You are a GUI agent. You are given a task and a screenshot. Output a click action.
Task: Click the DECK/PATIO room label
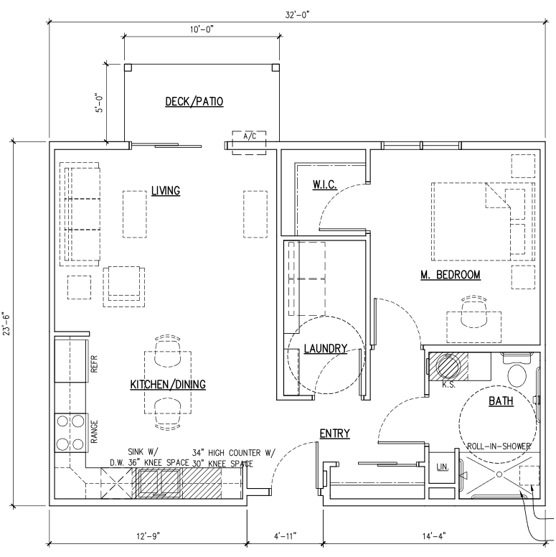[x=194, y=102]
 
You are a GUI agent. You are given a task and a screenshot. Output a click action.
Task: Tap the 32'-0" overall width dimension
[x=298, y=15]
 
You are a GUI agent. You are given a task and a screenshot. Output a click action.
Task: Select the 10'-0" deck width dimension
[x=202, y=29]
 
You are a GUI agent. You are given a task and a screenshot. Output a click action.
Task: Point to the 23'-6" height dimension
[x=6, y=322]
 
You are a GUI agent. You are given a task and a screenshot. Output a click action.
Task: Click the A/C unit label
[x=250, y=136]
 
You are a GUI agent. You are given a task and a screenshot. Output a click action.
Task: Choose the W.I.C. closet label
[x=324, y=184]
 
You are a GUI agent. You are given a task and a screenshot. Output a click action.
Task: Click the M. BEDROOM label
[x=451, y=275]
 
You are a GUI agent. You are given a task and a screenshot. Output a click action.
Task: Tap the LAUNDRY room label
[x=326, y=348]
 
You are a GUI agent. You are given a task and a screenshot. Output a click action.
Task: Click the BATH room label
[x=501, y=401]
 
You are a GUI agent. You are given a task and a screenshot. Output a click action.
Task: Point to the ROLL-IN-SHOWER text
[x=499, y=446]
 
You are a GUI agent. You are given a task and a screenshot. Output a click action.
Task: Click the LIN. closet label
[x=443, y=467]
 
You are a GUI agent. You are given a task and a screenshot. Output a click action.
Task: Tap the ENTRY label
[x=335, y=434]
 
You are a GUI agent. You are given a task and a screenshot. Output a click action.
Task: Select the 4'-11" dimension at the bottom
[x=285, y=535]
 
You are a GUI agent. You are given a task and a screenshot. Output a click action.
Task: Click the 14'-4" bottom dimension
[x=434, y=535]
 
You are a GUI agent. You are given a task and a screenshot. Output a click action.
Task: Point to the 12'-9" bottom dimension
[x=148, y=535]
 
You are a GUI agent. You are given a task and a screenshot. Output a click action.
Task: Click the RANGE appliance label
[x=94, y=431]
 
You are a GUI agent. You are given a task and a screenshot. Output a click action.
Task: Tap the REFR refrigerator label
[x=94, y=364]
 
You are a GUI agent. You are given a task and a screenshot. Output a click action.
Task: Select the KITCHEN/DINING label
[x=168, y=384]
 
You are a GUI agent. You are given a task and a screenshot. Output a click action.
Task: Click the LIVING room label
[x=166, y=191]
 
